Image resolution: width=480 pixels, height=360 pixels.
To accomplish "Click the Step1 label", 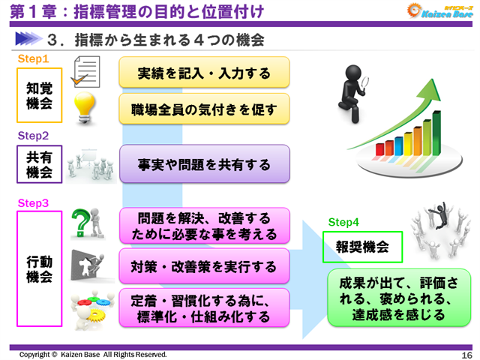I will (33, 58).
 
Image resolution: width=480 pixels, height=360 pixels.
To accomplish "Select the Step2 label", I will (33, 136).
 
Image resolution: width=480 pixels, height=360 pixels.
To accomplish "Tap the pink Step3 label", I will (33, 203).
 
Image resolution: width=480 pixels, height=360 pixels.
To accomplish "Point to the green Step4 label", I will (344, 222).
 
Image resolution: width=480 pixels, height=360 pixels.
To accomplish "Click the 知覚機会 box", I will (39, 95).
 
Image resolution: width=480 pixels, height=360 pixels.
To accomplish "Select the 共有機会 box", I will (39, 163).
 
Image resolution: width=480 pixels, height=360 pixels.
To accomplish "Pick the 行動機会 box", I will (39, 269).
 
